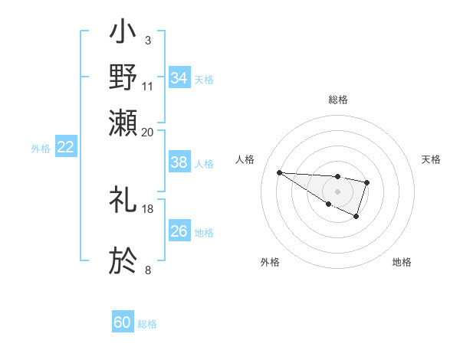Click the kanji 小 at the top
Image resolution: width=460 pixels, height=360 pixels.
coord(124,34)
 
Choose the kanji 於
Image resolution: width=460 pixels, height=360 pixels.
coord(124,261)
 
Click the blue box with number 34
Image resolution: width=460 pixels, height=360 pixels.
coord(179,77)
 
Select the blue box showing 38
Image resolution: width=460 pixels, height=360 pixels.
coord(179,162)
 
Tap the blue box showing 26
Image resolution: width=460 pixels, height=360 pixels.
coord(179,231)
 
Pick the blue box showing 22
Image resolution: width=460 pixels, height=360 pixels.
coord(65,148)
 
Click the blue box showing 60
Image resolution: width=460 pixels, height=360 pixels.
coord(123,322)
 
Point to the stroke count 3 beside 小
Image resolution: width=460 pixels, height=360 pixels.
coord(147,39)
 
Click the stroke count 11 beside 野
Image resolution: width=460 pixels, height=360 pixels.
coord(148,85)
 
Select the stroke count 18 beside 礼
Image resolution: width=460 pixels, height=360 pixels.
coord(148,208)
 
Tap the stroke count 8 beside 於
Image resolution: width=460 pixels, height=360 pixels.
coord(147,270)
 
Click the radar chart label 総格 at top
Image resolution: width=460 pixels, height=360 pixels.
coord(337,100)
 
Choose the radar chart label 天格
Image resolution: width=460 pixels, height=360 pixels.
coord(431,159)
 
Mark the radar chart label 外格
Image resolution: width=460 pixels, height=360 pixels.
coord(270,262)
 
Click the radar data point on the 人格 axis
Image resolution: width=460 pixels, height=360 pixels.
coord(279,172)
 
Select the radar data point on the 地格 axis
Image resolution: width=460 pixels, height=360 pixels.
coord(356,217)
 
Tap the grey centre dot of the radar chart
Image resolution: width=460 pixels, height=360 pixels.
coord(337,191)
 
